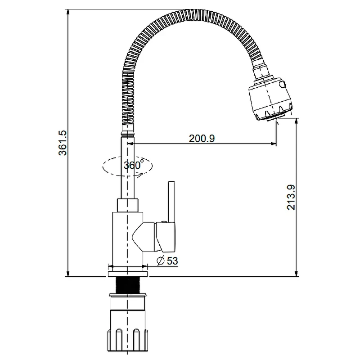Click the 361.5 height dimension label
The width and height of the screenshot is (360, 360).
click(x=63, y=143)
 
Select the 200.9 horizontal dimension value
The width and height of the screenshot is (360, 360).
click(x=202, y=139)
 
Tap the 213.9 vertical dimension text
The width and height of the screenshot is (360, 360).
click(x=291, y=197)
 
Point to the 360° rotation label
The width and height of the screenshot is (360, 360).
click(x=134, y=165)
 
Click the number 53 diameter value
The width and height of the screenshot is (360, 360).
click(x=172, y=261)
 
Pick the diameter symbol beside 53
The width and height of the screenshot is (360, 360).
click(x=161, y=261)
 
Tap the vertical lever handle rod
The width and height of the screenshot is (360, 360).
click(x=171, y=202)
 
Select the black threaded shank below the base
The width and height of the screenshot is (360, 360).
click(x=128, y=285)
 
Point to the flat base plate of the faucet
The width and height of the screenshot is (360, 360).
click(x=128, y=274)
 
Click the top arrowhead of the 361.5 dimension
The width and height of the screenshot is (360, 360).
click(x=68, y=12)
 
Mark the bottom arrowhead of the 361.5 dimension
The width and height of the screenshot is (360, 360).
click(x=68, y=274)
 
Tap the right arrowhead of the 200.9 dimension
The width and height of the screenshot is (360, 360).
click(x=273, y=144)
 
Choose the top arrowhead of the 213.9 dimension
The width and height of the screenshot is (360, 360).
click(x=297, y=121)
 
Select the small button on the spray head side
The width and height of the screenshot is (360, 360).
click(x=283, y=84)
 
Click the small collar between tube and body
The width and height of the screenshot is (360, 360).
click(x=128, y=205)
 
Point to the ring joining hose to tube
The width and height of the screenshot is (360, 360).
click(x=128, y=133)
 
